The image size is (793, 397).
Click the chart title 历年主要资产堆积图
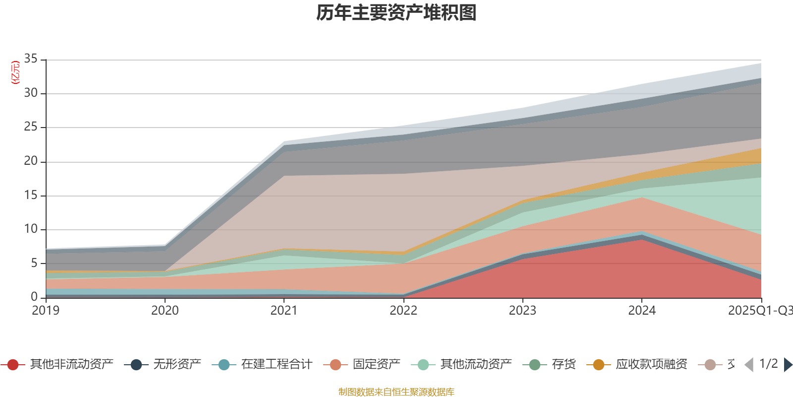point(396,13)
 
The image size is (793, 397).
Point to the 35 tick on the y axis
point(31,59)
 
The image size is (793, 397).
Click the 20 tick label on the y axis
point(31,161)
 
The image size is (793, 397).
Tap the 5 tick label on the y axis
point(34,263)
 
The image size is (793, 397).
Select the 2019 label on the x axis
point(46,311)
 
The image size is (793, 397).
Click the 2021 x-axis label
point(284,311)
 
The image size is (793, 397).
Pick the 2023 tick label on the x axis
point(522,311)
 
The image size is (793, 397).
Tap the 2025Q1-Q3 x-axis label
point(760,311)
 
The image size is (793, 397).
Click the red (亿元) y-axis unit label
point(15,72)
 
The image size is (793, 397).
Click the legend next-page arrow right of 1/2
point(788,365)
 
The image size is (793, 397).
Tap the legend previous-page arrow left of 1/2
point(749,365)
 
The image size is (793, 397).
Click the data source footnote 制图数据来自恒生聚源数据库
point(396,392)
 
